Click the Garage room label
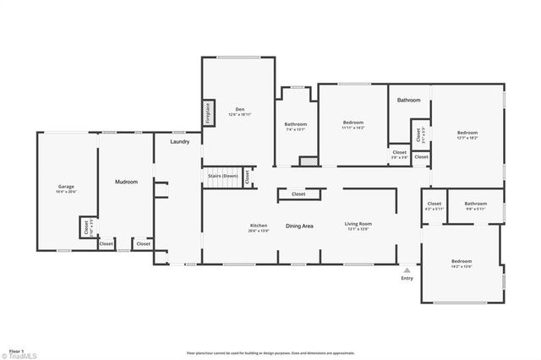pyautogui.click(x=67, y=188)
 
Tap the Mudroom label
pyautogui.click(x=127, y=183)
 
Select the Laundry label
pyautogui.click(x=179, y=142)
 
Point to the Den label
pyautogui.click(x=239, y=110)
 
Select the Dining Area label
pyautogui.click(x=300, y=226)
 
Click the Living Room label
pyautogui.click(x=358, y=226)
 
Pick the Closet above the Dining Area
pyautogui.click(x=298, y=194)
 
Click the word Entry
pyautogui.click(x=407, y=278)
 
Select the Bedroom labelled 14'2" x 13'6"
pyautogui.click(x=461, y=263)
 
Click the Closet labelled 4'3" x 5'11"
pyautogui.click(x=434, y=205)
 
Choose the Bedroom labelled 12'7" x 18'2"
pyautogui.click(x=467, y=134)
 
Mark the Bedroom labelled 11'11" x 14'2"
pyautogui.click(x=352, y=126)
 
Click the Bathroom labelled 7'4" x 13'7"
pyautogui.click(x=296, y=127)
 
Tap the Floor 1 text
pyautogui.click(x=15, y=349)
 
